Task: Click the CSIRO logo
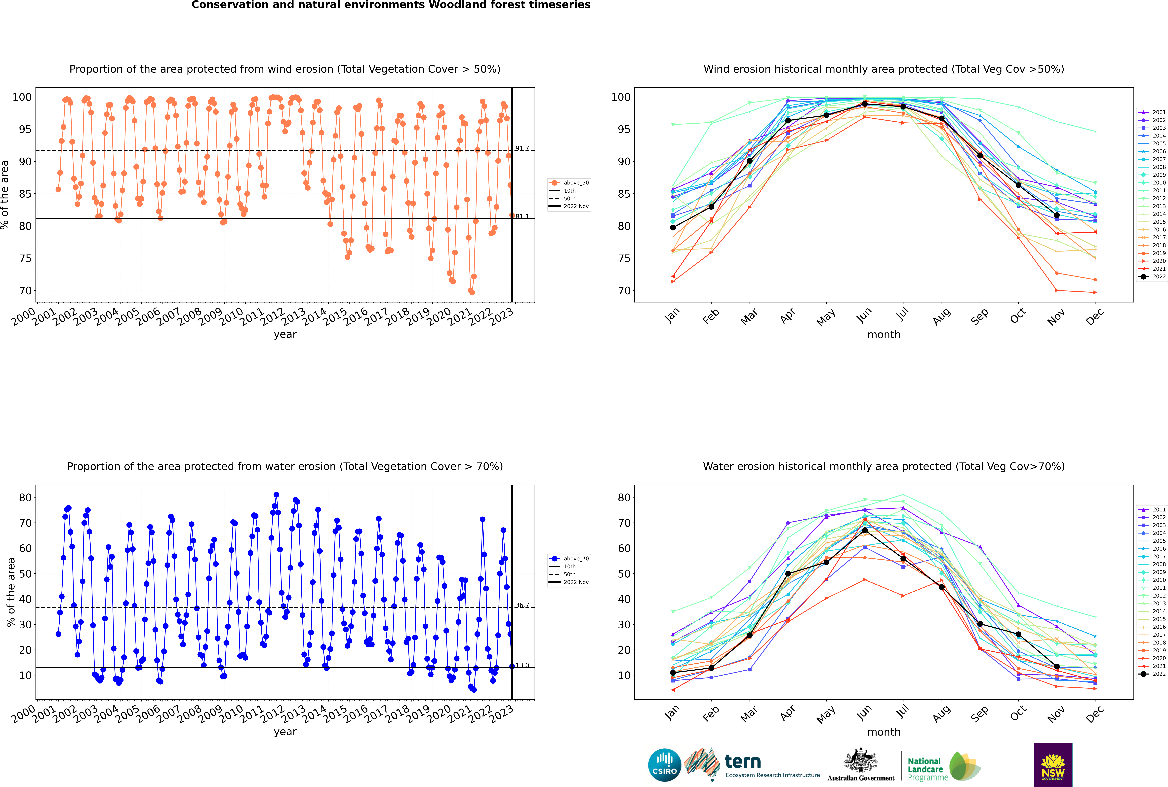point(664,765)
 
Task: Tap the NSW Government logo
point(1053,764)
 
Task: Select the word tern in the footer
point(743,762)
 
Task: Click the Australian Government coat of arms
point(861,760)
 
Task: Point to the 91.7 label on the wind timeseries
point(522,148)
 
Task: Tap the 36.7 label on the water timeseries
point(522,605)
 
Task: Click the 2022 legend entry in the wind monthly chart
point(1151,277)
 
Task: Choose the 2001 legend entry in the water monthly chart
point(1151,509)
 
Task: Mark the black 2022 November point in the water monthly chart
point(1056,667)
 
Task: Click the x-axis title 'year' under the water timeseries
point(285,732)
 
